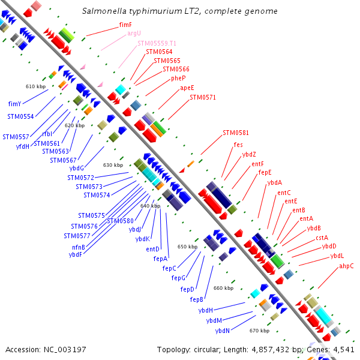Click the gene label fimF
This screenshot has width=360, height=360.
click(125, 25)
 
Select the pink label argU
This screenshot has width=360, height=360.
click(134, 34)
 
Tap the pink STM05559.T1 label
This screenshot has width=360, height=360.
click(157, 43)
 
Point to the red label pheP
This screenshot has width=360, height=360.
click(178, 78)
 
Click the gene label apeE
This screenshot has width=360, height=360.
click(187, 88)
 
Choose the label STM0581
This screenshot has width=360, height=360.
click(235, 133)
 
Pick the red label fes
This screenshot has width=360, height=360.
click(238, 145)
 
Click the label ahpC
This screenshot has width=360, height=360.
click(346, 266)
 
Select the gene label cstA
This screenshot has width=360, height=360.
click(322, 238)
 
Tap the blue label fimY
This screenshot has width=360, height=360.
click(15, 103)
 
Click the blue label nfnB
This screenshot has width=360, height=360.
click(79, 247)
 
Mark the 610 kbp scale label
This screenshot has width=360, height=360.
click(35, 86)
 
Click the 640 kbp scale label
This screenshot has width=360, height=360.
click(150, 206)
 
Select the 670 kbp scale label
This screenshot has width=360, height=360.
click(259, 331)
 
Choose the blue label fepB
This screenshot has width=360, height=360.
click(197, 299)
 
